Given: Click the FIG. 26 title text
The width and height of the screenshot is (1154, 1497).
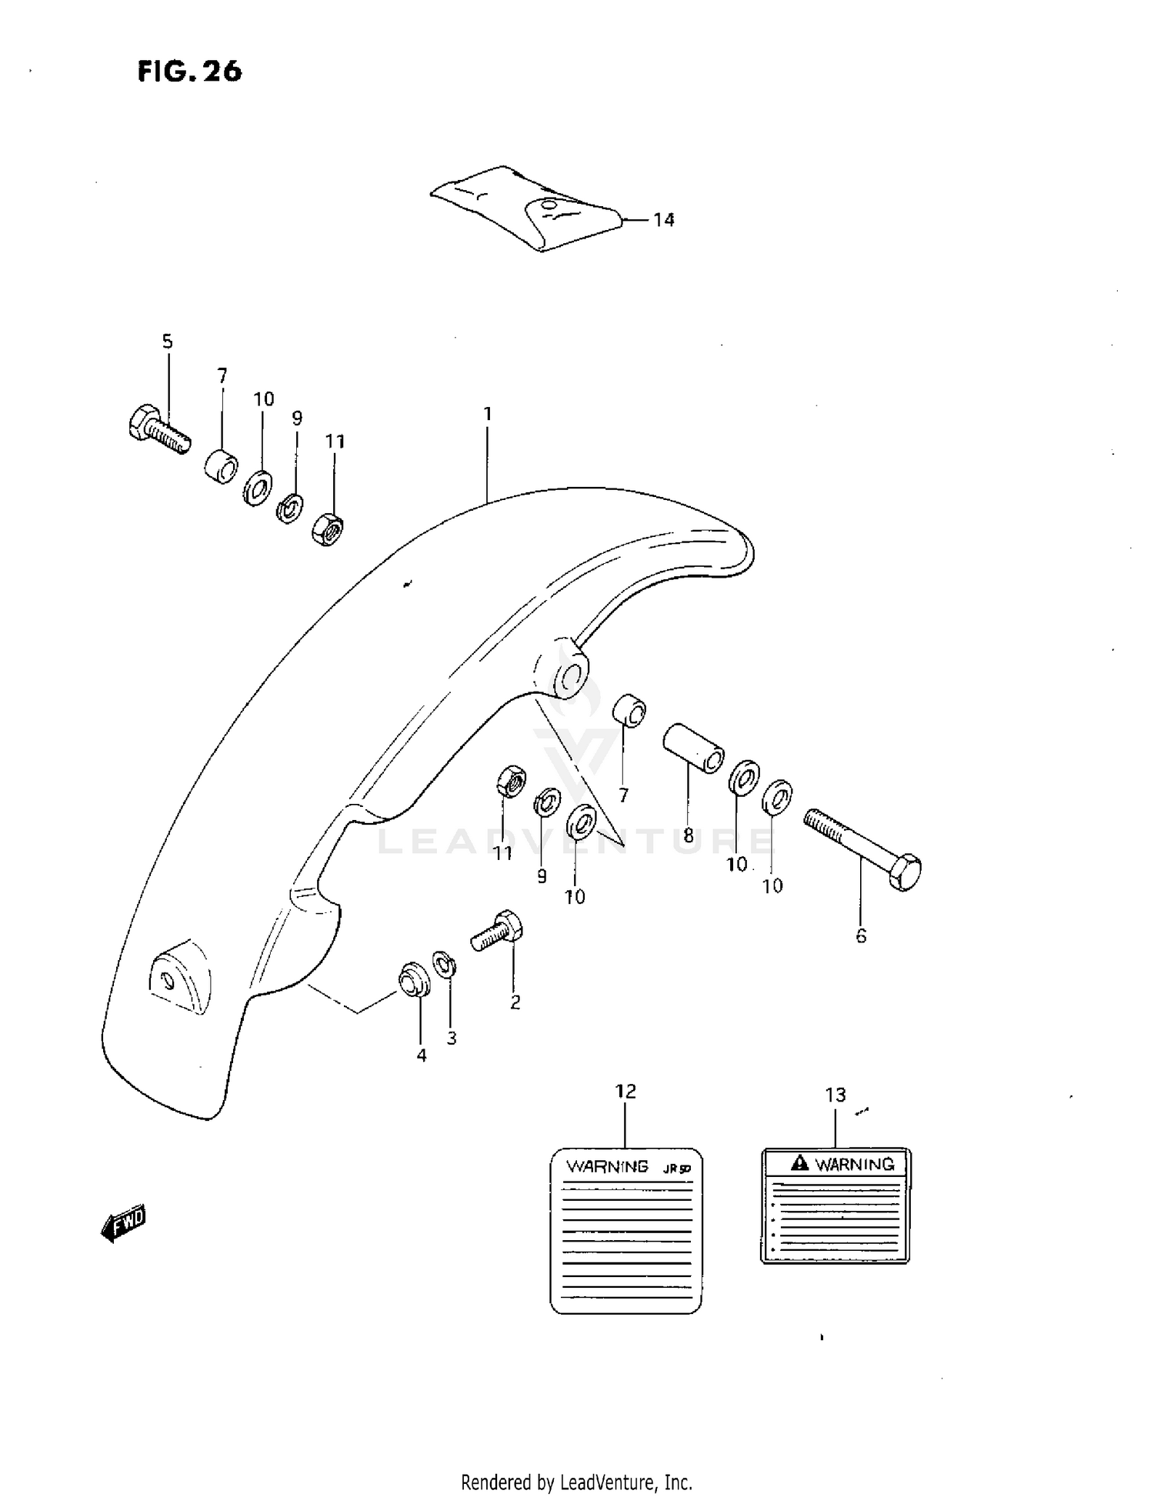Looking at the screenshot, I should pyautogui.click(x=189, y=72).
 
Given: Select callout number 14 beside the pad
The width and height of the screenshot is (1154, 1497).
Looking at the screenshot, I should pyautogui.click(x=663, y=220).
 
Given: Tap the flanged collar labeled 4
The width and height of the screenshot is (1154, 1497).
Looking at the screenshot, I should pyautogui.click(x=414, y=979).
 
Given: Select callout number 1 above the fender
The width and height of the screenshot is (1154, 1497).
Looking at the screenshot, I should pyautogui.click(x=487, y=414).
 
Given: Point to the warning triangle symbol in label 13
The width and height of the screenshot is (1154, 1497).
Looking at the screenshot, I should pyautogui.click(x=800, y=1163).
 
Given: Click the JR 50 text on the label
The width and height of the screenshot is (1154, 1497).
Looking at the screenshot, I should pyautogui.click(x=677, y=1169).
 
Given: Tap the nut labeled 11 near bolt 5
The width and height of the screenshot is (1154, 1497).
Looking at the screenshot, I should pyautogui.click(x=328, y=529).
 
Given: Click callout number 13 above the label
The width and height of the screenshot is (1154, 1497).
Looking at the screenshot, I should pyautogui.click(x=835, y=1095).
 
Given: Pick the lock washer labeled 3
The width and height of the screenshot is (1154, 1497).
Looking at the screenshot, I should pyautogui.click(x=444, y=964).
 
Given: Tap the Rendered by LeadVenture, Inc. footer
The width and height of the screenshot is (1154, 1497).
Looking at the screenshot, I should pyautogui.click(x=576, y=1482).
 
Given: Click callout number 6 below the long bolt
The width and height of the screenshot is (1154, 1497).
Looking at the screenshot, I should pyautogui.click(x=861, y=935).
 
